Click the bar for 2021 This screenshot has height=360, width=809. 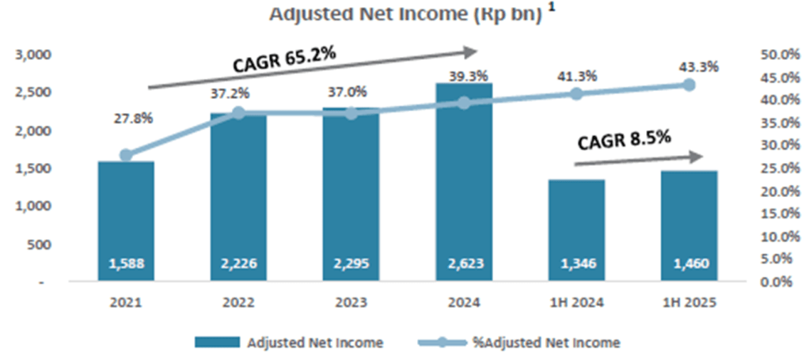[x=126, y=222]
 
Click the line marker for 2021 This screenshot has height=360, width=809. [x=126, y=155]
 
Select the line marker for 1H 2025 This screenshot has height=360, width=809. [x=689, y=85]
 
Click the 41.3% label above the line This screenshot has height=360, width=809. [x=576, y=75]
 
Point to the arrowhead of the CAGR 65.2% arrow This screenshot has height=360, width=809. [x=471, y=52]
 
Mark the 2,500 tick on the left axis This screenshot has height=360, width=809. [x=32, y=93]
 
